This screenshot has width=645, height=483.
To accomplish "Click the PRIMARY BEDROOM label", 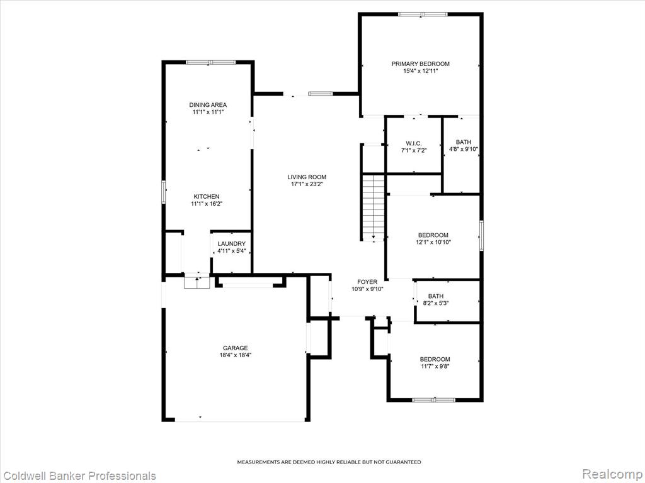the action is (420, 64).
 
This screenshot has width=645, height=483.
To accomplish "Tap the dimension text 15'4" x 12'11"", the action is (420, 70).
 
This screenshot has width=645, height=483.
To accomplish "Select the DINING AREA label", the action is (208, 105).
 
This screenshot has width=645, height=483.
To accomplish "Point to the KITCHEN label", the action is (207, 196).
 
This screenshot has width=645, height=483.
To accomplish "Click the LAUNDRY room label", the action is (232, 243).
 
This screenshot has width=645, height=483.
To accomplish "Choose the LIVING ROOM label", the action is (307, 177).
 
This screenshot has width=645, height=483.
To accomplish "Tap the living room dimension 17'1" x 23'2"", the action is (307, 184).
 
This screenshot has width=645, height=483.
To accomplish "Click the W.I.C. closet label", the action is (414, 143).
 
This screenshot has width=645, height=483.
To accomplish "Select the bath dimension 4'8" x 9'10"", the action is (464, 149).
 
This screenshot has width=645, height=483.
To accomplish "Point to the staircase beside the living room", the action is (373, 208).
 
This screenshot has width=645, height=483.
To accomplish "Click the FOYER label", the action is (367, 282).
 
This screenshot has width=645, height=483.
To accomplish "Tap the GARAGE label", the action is (236, 348).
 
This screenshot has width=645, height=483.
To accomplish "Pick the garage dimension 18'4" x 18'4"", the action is (236, 355).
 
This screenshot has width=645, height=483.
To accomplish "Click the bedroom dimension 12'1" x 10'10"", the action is (433, 242).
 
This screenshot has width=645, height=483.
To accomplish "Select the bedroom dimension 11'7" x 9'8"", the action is (435, 366).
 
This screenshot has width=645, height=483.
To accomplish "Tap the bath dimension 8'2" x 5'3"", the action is (436, 303).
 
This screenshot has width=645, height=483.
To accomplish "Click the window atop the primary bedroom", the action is (423, 14).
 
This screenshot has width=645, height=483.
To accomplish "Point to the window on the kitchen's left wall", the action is (163, 192).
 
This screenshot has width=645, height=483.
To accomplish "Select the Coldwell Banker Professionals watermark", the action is (78, 475).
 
